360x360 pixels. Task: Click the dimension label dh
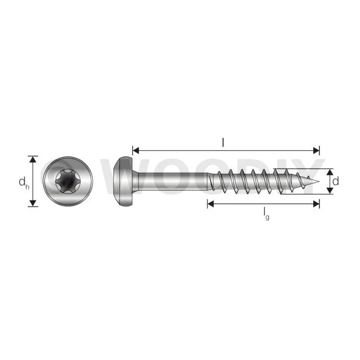pyautogui.click(x=24, y=182)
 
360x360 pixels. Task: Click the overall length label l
pyautogui.click(x=223, y=143)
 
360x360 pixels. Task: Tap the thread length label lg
pyautogui.click(x=266, y=213)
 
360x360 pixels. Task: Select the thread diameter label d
pyautogui.click(x=335, y=181)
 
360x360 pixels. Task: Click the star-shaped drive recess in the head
pyautogui.click(x=68, y=181)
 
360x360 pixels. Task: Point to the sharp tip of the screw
pyautogui.click(x=319, y=181)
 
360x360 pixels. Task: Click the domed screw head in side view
pyautogui.click(x=124, y=181)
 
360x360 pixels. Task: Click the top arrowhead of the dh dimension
pyautogui.click(x=33, y=159)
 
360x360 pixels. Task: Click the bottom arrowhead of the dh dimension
pyautogui.click(x=33, y=203)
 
